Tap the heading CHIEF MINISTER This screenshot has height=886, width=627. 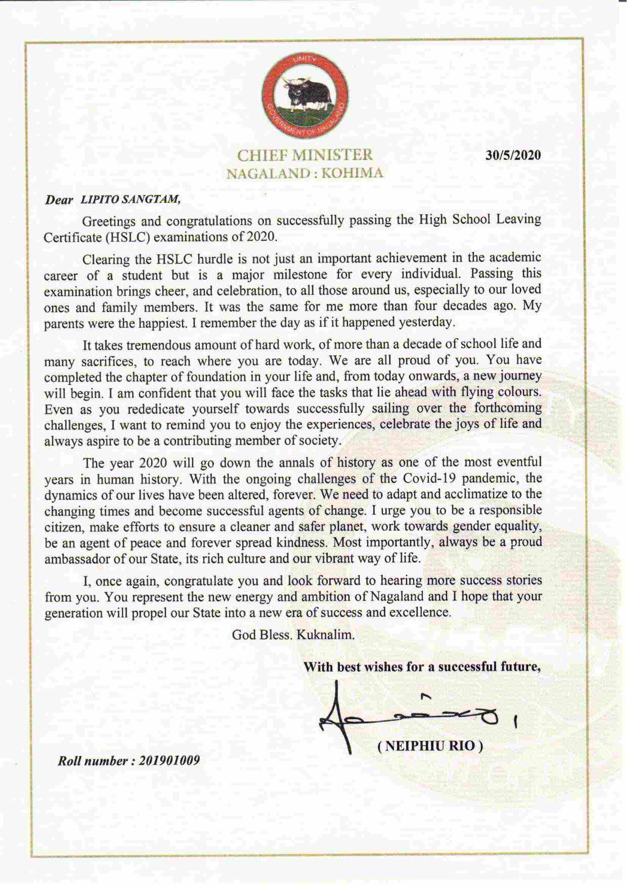pyautogui.click(x=305, y=155)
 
